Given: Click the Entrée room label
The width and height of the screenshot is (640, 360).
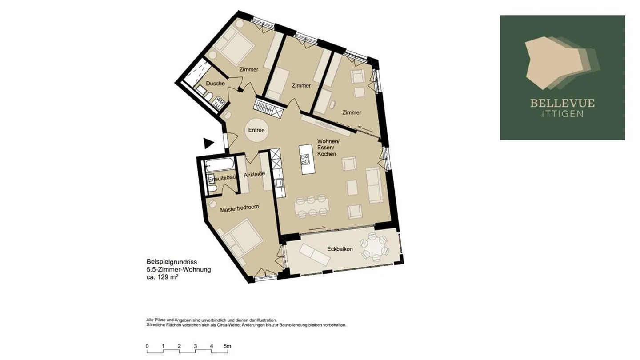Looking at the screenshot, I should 256,131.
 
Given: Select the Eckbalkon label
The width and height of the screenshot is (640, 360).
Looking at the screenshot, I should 340,249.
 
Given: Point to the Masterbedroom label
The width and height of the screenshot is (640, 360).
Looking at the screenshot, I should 240,208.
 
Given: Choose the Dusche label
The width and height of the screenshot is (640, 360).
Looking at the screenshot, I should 215,84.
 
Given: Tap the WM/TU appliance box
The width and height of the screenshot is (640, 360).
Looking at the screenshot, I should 219,102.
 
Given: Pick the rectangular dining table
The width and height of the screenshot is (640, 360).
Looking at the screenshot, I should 312,206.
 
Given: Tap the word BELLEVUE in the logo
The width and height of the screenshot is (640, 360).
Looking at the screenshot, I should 562,104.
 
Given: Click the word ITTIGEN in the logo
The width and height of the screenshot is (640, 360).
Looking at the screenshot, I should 562,114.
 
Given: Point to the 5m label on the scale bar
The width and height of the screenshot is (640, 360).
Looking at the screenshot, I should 227,346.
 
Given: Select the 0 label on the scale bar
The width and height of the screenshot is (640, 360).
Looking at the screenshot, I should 147,346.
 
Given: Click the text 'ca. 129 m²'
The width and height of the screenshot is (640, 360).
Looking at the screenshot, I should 163,277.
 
